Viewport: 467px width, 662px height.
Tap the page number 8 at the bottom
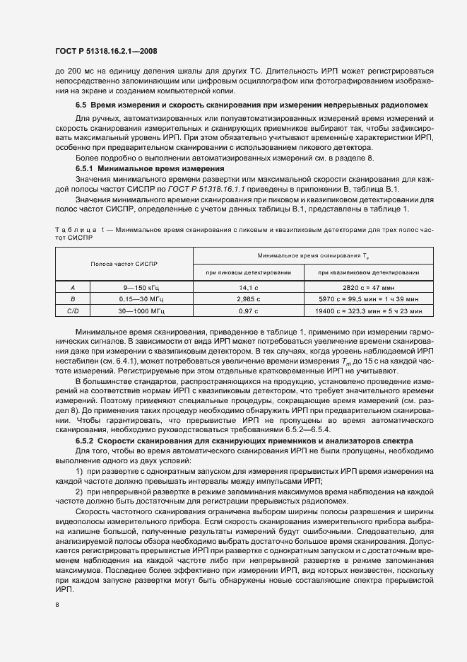[57, 604]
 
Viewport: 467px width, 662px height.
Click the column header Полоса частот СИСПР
[124, 263]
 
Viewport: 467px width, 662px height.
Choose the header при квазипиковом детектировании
[368, 272]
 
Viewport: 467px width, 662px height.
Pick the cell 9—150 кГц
[143, 288]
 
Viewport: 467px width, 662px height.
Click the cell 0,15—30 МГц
[143, 298]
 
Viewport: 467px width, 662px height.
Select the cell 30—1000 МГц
[143, 310]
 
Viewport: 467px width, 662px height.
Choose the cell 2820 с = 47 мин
[368, 288]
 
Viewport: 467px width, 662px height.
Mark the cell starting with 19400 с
[368, 310]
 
